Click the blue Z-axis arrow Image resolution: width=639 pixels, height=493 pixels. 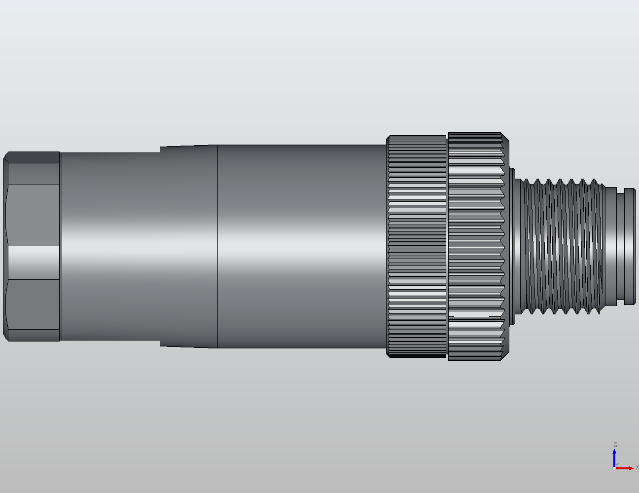[x=614, y=457]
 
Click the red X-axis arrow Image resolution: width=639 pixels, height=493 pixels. [x=625, y=468]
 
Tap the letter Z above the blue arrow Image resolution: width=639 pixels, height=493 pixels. [x=615, y=445]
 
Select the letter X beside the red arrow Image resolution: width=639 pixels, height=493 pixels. [x=637, y=467]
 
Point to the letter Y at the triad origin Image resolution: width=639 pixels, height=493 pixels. [x=617, y=465]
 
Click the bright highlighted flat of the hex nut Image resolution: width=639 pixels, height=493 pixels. [x=34, y=262]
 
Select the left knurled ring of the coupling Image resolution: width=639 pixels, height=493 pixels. [x=417, y=247]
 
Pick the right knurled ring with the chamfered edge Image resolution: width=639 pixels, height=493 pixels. [x=476, y=247]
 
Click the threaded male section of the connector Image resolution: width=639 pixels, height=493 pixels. [x=562, y=247]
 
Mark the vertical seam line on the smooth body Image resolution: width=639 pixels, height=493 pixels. [x=218, y=247]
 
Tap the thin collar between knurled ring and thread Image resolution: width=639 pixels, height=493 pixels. [x=512, y=247]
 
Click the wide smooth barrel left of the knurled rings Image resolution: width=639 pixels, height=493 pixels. [x=301, y=247]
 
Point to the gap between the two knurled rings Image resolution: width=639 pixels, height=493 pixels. [x=447, y=247]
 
